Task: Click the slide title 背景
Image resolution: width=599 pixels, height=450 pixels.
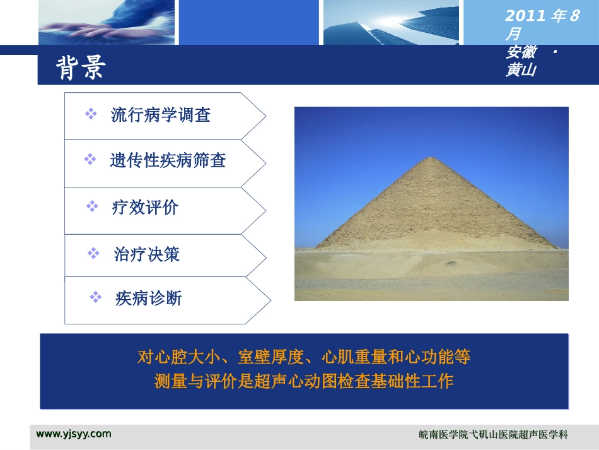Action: (81, 68)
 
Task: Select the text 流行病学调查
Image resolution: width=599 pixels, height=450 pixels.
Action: (160, 115)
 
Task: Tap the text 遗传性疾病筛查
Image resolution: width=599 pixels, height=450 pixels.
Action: (168, 161)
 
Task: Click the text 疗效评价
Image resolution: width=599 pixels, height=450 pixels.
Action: (145, 208)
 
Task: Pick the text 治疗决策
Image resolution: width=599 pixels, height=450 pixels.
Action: (147, 254)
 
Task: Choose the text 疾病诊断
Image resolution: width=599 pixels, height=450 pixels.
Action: (148, 299)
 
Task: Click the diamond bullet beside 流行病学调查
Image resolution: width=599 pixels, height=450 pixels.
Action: (91, 114)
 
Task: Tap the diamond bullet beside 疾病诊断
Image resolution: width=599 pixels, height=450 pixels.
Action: (96, 297)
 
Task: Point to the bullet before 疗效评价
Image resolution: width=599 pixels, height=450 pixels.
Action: (92, 206)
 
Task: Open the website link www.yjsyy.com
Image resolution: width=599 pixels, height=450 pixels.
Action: (74, 434)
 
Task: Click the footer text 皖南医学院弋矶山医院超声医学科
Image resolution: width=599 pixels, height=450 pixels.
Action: (493, 435)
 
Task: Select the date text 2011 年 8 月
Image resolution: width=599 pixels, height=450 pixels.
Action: (541, 24)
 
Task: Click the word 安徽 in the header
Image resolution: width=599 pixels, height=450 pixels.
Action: (520, 52)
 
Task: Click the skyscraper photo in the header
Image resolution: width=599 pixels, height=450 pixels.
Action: (391, 22)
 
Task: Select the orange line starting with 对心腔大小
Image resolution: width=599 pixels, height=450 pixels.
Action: (304, 358)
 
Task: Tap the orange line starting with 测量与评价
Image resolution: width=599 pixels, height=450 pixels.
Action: (304, 382)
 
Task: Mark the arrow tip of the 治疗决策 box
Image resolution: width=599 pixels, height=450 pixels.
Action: (265, 256)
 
